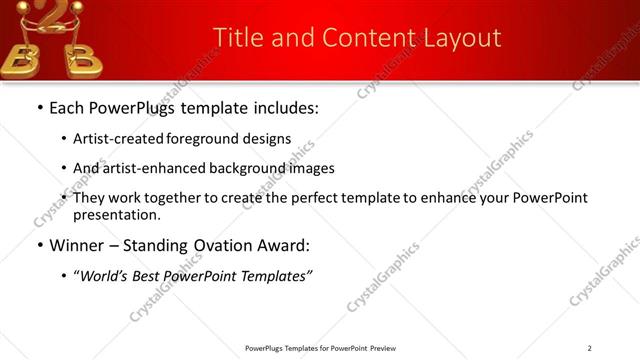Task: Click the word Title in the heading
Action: pos(237,38)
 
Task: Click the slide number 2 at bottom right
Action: pos(590,348)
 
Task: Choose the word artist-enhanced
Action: pos(150,168)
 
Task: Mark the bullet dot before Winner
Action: pos(39,246)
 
